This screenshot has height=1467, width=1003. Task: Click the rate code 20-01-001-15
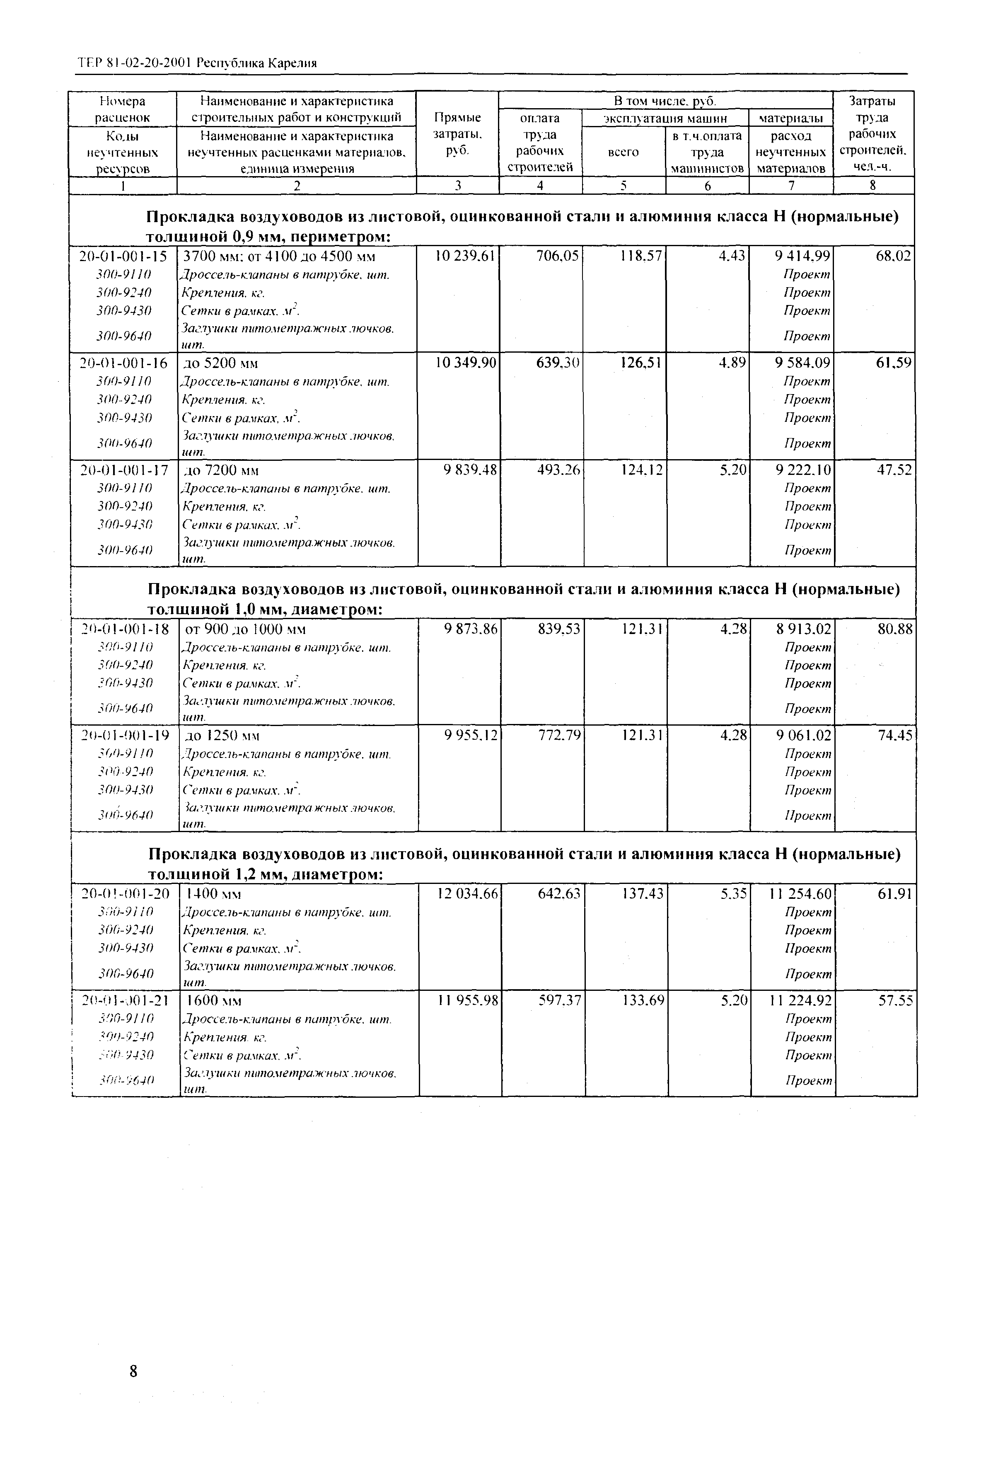point(123,256)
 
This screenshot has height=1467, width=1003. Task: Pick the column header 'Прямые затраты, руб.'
point(458,134)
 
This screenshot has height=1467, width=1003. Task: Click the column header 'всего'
point(623,152)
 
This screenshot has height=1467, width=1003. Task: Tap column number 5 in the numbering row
point(624,186)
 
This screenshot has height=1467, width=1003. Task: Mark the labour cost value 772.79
point(558,736)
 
